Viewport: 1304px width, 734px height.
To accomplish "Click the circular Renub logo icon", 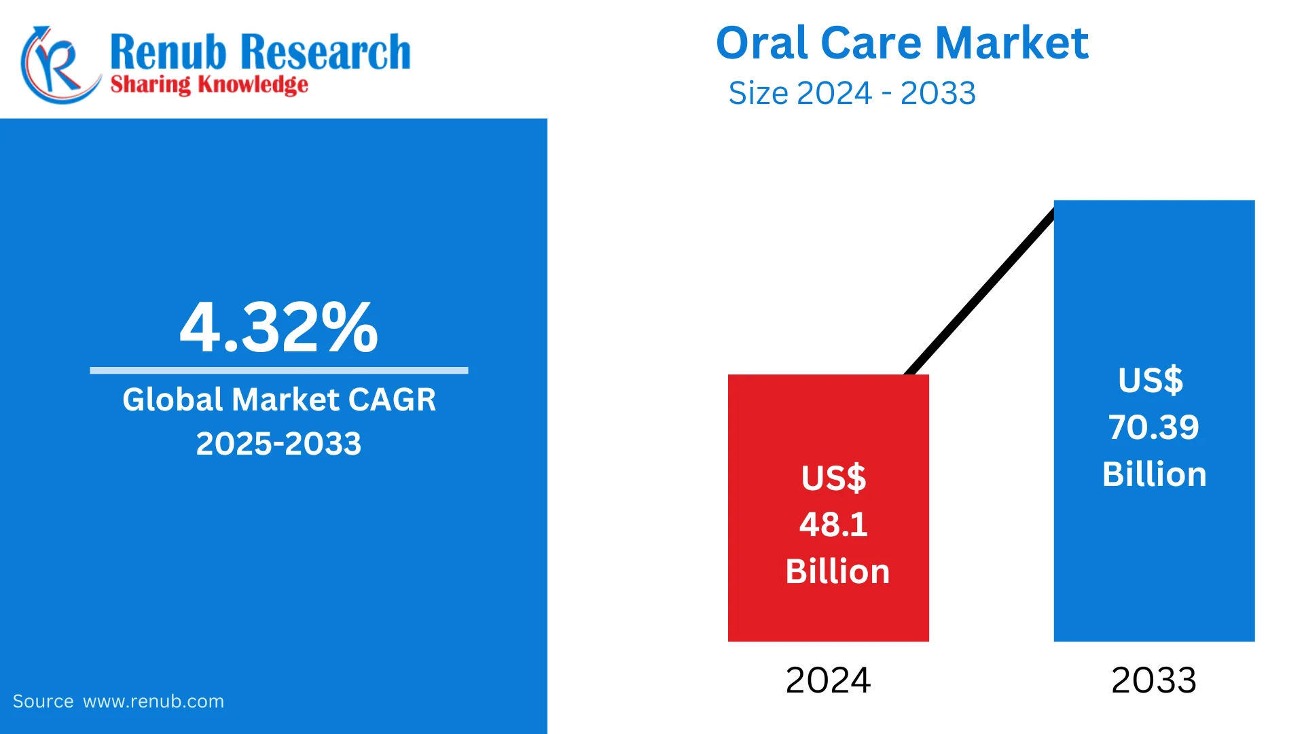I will [59, 65].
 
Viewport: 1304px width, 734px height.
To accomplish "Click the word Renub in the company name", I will [167, 52].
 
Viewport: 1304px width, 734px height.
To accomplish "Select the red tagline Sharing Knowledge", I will [209, 85].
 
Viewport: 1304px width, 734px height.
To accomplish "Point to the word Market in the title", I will [1011, 43].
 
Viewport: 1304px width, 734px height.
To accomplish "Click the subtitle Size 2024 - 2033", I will [852, 93].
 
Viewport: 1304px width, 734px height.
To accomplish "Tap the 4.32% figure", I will [278, 328].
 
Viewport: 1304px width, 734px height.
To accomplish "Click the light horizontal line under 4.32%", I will [278, 370].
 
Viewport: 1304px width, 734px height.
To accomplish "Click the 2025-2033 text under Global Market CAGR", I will [278, 444].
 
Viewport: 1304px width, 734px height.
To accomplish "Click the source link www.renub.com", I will [153, 701].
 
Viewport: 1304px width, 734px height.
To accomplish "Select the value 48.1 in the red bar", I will [833, 525].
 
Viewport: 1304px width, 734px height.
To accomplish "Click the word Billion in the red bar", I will [837, 572].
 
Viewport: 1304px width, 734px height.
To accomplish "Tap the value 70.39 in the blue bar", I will [1154, 427].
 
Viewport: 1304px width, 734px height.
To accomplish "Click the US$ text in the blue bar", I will [1151, 380].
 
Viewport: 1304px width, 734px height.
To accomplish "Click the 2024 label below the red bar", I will [828, 680].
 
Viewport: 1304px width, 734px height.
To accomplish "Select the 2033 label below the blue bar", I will [1154, 680].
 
